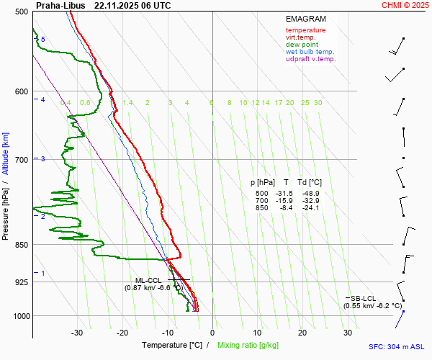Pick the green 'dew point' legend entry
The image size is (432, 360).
tap(302, 45)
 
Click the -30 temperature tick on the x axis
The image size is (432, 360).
tap(77, 333)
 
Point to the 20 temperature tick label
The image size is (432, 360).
tap(302, 333)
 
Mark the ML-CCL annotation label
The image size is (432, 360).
tap(148, 280)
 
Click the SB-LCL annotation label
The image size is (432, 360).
tap(363, 298)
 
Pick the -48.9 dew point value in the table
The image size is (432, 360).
tap(311, 194)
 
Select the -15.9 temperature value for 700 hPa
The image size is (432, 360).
tap(287, 201)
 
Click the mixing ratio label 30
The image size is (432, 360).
tap(318, 103)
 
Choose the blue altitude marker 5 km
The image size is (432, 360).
tap(42, 40)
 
